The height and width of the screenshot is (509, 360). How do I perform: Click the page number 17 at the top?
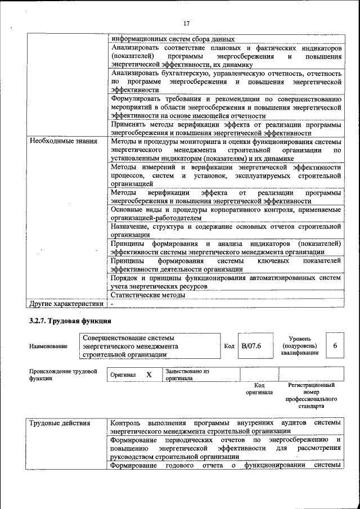pos(187,23)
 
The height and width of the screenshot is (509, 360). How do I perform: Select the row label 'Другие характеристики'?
pos(66,304)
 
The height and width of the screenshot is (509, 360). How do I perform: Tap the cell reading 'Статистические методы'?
pos(148,295)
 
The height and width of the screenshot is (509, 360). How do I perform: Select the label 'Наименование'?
pos(46,347)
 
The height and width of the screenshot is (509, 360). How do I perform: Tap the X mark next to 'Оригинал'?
pos(149,375)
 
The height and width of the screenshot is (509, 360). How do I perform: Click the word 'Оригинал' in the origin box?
pos(123,375)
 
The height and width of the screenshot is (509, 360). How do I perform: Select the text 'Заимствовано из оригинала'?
pos(187,375)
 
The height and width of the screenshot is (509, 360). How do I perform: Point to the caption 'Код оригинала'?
pos(259,389)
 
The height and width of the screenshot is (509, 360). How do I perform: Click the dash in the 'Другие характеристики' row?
pos(112,304)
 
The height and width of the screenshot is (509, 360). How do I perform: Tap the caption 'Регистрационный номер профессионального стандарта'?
pos(311,395)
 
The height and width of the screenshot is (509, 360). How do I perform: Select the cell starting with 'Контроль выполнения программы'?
pos(226,426)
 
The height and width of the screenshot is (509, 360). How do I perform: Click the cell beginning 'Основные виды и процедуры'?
pos(226,213)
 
